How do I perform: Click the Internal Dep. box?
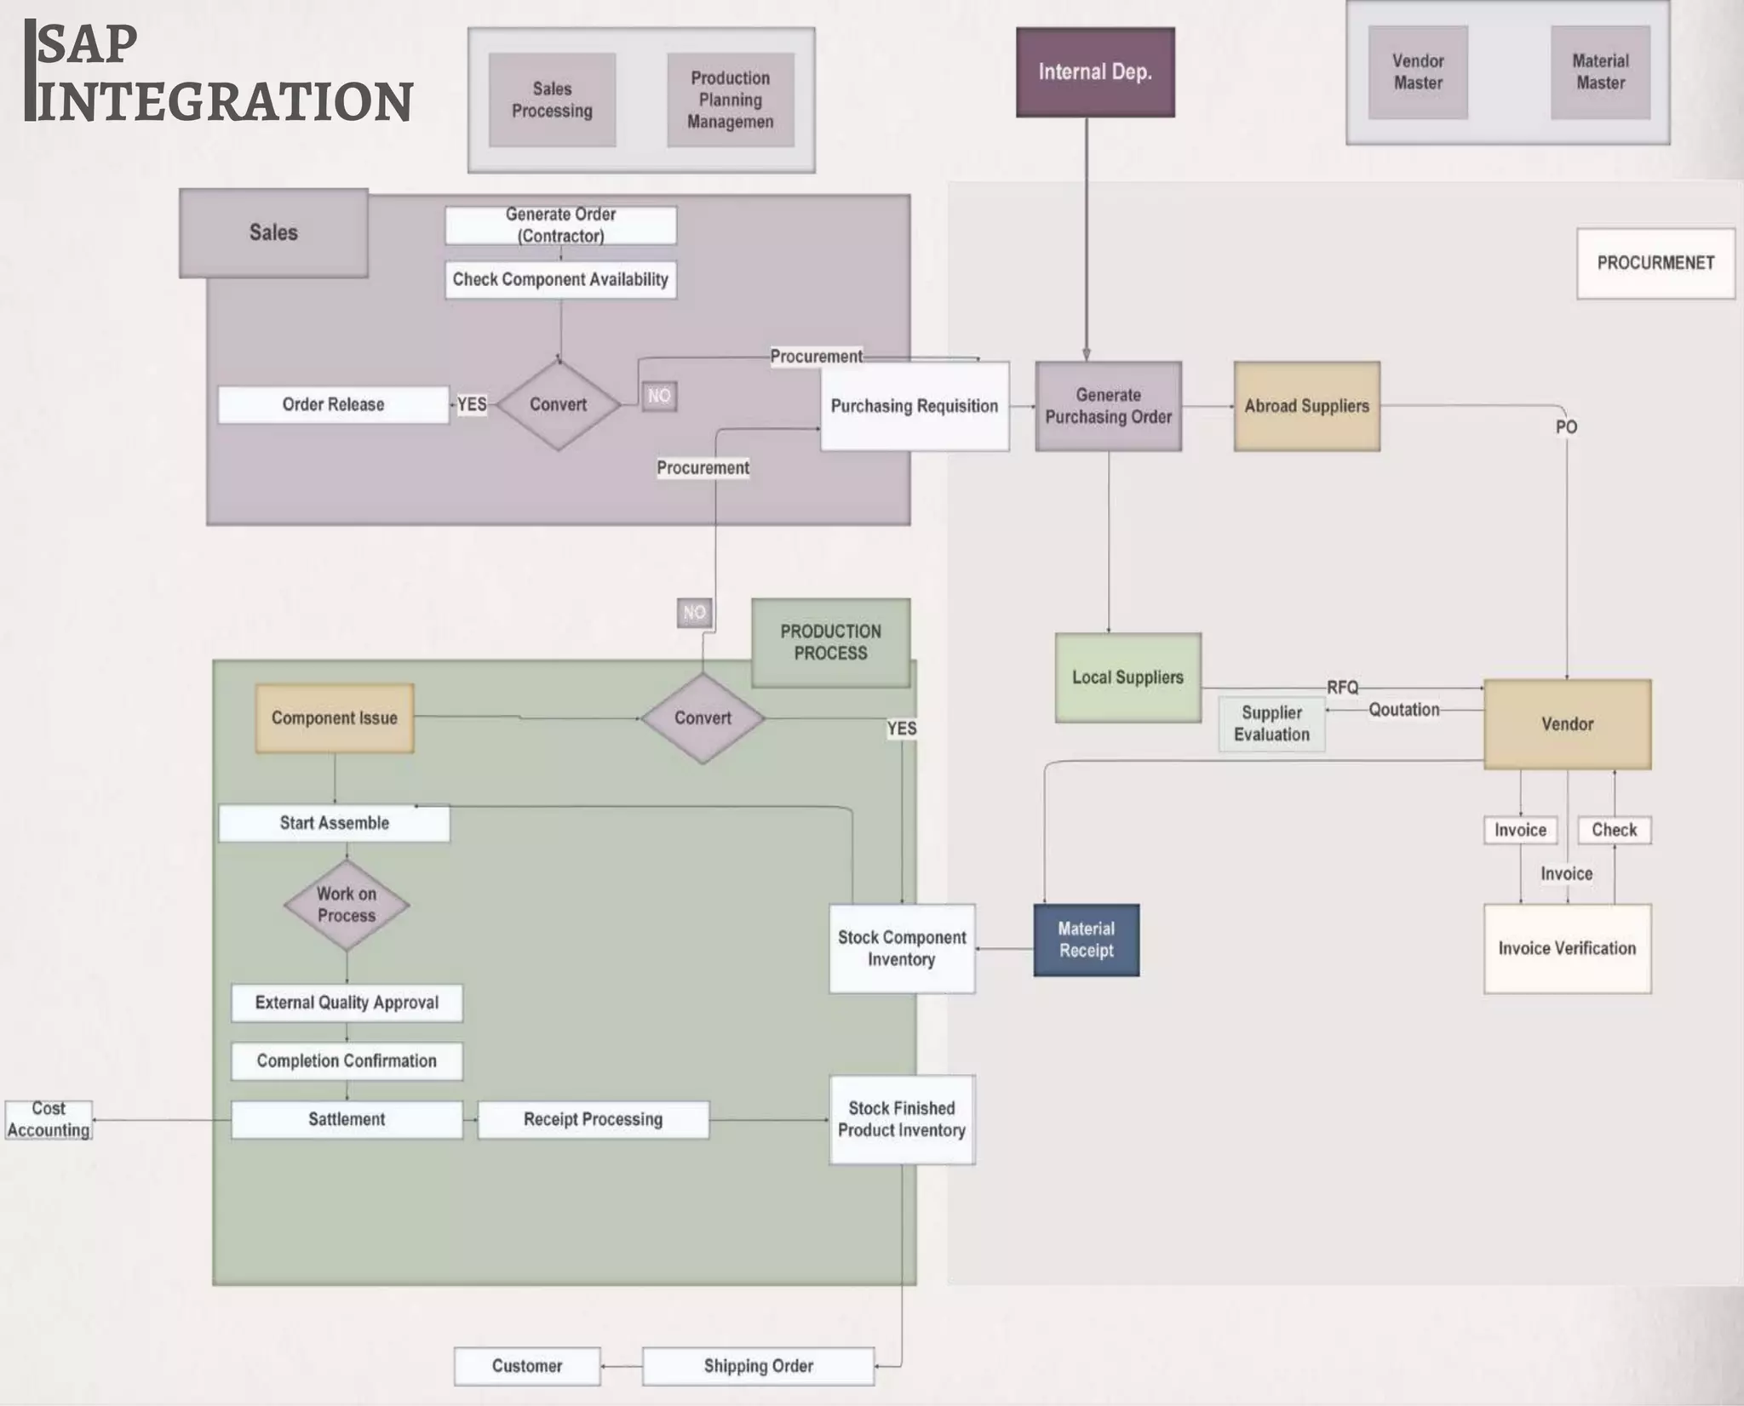pyautogui.click(x=1095, y=72)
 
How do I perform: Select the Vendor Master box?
pyautogui.click(x=1418, y=72)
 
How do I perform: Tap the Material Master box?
pyautogui.click(x=1600, y=72)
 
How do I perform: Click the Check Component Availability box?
pyautogui.click(x=560, y=280)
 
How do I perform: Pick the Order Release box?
pyautogui.click(x=333, y=405)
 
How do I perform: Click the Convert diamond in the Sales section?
pyautogui.click(x=559, y=405)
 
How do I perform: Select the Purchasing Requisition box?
pyautogui.click(x=915, y=407)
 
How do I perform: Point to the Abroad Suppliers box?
pyautogui.click(x=1306, y=407)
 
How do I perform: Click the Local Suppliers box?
pyautogui.click(x=1127, y=677)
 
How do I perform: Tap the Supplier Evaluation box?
pyautogui.click(x=1271, y=724)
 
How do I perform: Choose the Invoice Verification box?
pyautogui.click(x=1567, y=949)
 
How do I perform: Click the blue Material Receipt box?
pyautogui.click(x=1086, y=940)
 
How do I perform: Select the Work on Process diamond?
pyautogui.click(x=347, y=905)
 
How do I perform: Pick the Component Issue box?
pyautogui.click(x=335, y=718)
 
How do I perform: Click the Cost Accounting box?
pyautogui.click(x=49, y=1120)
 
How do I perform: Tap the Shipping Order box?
pyautogui.click(x=758, y=1367)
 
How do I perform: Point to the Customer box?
pyautogui.click(x=527, y=1367)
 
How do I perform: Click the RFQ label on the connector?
pyautogui.click(x=1342, y=688)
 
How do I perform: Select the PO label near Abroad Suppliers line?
pyautogui.click(x=1566, y=427)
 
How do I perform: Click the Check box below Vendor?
pyautogui.click(x=1614, y=831)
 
